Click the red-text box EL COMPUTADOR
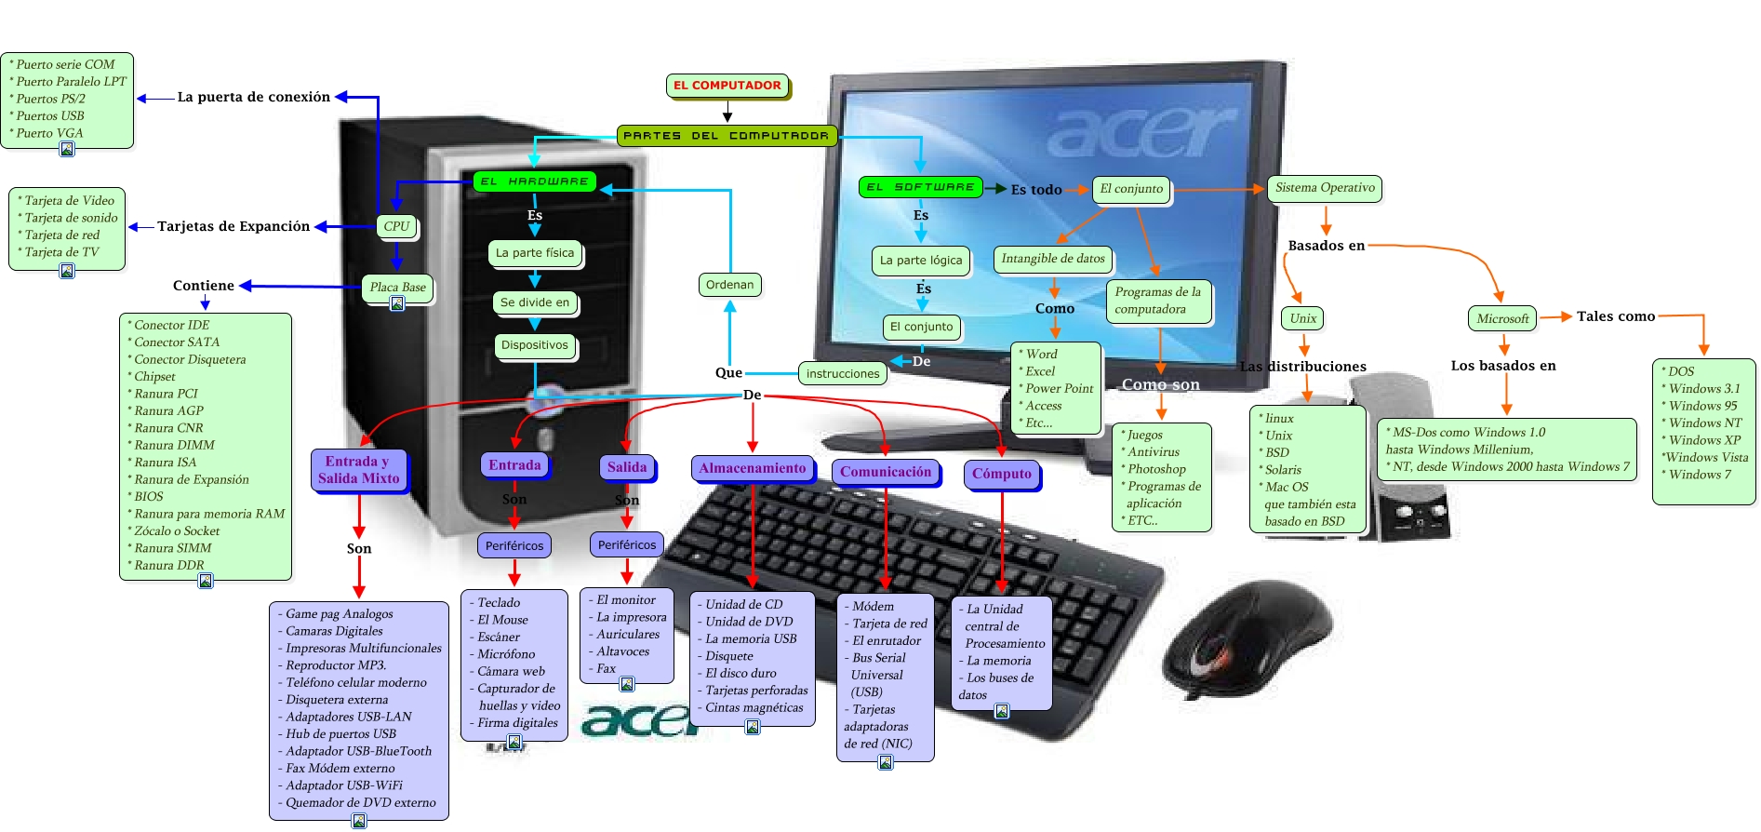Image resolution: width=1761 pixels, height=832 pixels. point(727,86)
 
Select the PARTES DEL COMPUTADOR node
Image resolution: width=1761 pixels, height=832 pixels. point(727,136)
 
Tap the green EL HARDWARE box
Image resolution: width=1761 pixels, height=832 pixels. point(534,181)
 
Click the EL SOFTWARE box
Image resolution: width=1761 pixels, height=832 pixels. point(921,187)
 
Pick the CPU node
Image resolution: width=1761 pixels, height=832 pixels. point(396,226)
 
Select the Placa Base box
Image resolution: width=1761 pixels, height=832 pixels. point(397,288)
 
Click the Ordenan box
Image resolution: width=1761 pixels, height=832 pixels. point(729,285)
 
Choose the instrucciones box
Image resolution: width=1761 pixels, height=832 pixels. point(843,373)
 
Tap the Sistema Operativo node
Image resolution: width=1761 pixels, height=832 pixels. point(1325,188)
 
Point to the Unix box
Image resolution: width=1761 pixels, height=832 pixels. point(1302,318)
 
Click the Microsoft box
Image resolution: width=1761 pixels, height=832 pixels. point(1502,318)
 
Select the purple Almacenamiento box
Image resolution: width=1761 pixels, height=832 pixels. point(753,468)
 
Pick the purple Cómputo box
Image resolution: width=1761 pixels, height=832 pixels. point(1002,474)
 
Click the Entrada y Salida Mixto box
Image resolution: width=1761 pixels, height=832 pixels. point(358,470)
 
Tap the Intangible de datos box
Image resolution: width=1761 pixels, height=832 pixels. point(1053,259)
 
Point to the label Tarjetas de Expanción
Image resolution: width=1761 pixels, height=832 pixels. point(233,226)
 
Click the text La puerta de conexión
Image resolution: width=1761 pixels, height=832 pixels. point(254,97)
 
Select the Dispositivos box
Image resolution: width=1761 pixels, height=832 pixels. point(534,345)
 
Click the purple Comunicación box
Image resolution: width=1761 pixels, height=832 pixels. point(886,472)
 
